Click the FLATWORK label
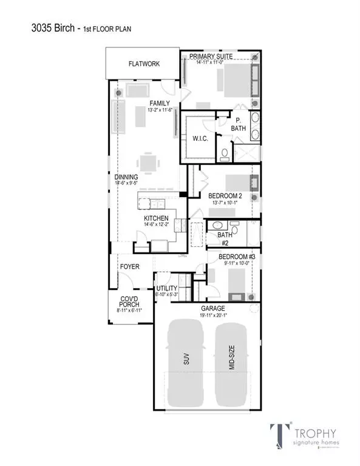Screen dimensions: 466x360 click(144, 63)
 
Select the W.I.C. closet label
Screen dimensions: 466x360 click(200, 138)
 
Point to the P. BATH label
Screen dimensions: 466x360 click(240, 124)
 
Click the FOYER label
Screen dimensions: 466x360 click(129, 266)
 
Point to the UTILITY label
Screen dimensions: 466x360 click(166, 288)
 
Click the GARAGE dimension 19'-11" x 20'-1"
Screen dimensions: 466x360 click(212, 315)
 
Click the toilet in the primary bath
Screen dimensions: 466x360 click(224, 155)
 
